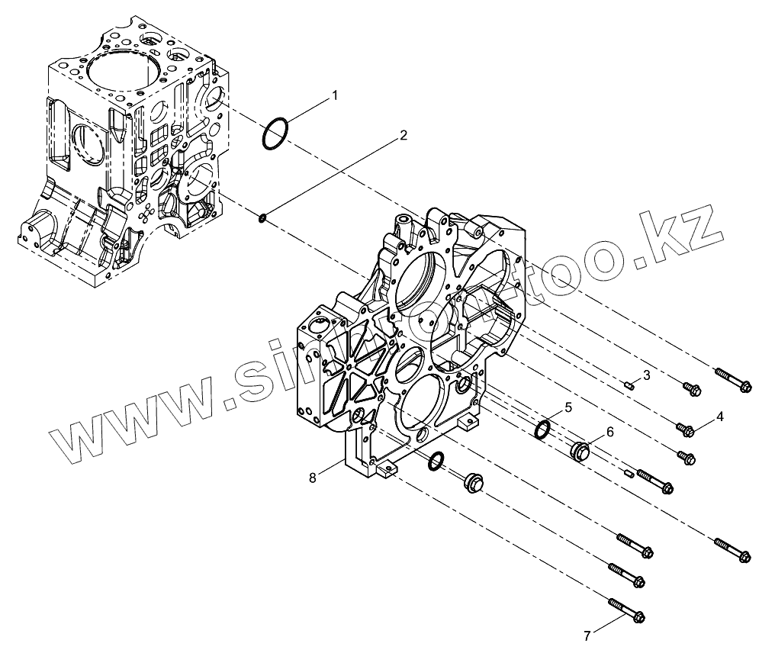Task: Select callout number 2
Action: tap(404, 137)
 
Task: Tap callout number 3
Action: tap(646, 375)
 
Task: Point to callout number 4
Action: tap(719, 417)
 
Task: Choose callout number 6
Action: tap(609, 431)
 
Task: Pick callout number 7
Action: tap(587, 635)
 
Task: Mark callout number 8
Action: tap(313, 478)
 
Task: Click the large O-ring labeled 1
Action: tap(275, 134)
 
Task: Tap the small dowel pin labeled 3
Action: tap(628, 385)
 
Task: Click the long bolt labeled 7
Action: tap(627, 610)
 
